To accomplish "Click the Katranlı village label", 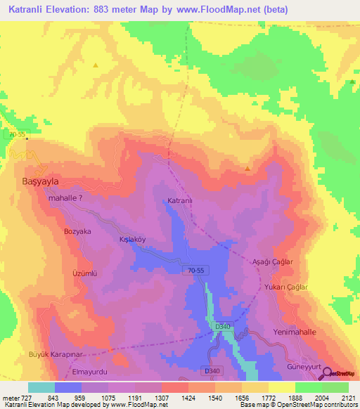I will (180, 202).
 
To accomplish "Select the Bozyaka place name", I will (78, 231).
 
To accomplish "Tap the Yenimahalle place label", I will (293, 330).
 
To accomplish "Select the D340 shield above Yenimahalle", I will (223, 327).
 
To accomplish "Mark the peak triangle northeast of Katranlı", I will (247, 169).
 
